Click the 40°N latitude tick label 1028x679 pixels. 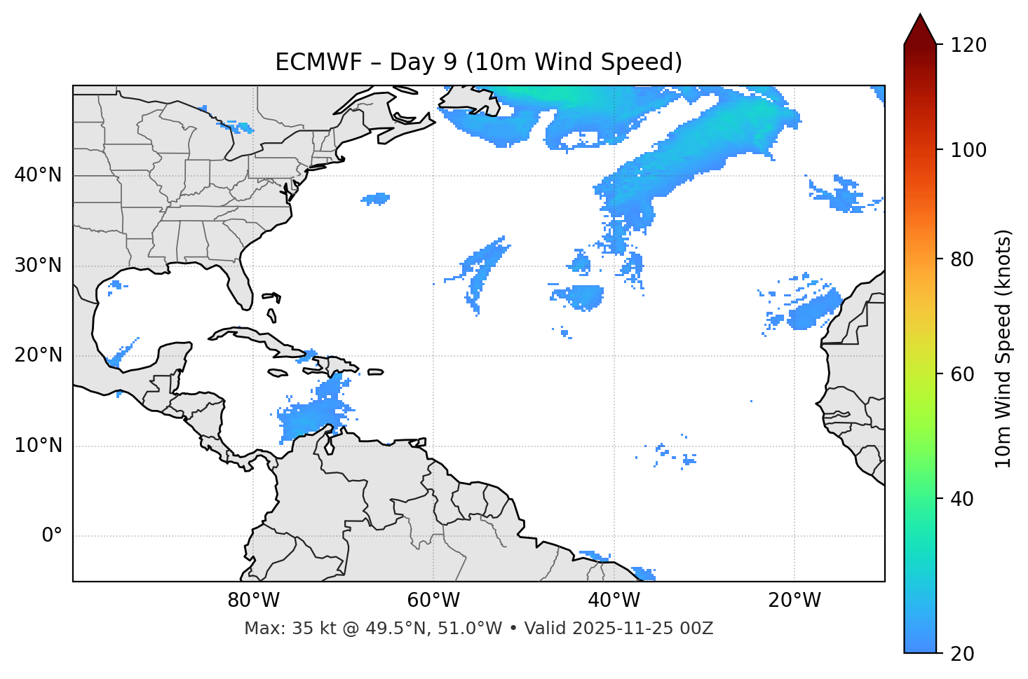(38, 175)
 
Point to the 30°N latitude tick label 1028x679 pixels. (38, 266)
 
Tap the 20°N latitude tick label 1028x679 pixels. (38, 355)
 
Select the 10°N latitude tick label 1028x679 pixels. (38, 446)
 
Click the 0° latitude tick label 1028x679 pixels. (52, 536)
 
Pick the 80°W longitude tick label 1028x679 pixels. (253, 601)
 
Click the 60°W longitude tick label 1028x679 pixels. (433, 601)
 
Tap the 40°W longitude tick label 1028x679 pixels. (614, 601)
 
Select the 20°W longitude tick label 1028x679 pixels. (794, 601)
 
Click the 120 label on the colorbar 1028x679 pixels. (968, 45)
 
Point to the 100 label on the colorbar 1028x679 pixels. (968, 150)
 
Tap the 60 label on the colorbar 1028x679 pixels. (963, 374)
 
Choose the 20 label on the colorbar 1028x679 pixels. (963, 654)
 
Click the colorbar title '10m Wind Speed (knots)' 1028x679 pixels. (1003, 348)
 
